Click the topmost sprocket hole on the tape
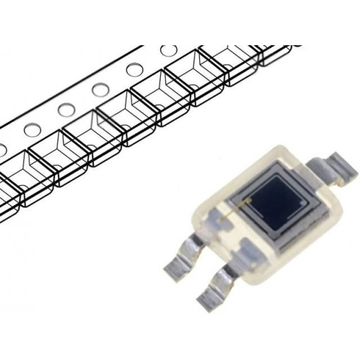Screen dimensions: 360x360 (168, 52)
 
